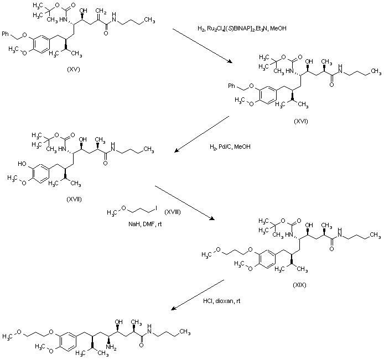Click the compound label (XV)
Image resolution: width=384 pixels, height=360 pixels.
point(73,69)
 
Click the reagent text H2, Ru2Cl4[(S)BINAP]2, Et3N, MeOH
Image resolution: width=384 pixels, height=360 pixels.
point(242,28)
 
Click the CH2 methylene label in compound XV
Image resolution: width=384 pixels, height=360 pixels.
point(100,10)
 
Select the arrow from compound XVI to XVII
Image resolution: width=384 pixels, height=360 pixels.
point(201,133)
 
